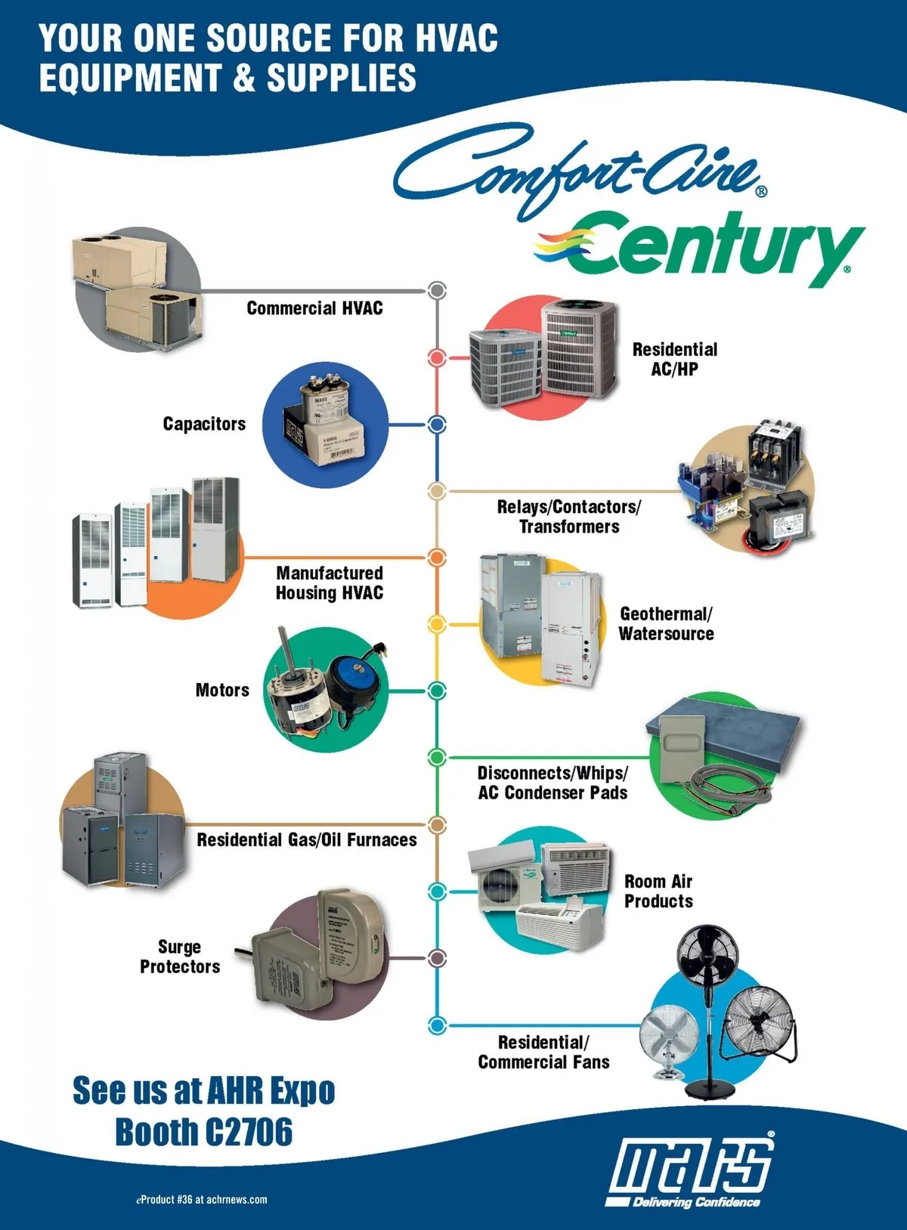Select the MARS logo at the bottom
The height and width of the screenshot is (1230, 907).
pos(692,1167)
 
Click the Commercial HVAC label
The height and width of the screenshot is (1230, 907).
pos(314,308)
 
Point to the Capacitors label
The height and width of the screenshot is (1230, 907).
pos(204,424)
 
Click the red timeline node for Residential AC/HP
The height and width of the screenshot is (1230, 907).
pos(437,357)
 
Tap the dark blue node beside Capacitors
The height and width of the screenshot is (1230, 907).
pos(437,425)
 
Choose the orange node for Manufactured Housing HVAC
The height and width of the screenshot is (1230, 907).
pos(437,558)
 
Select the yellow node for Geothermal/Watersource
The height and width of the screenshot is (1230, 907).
pos(437,624)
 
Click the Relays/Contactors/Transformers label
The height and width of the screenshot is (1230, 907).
pos(568,517)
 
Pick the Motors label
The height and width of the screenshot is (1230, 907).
pos(222,691)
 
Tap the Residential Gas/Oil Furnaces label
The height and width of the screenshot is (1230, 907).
pos(306,840)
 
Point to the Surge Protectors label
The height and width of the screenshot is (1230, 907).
pos(180,956)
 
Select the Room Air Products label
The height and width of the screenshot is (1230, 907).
pos(658,892)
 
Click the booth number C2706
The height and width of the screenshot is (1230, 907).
pos(249,1132)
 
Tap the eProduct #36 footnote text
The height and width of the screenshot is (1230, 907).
pos(202,1200)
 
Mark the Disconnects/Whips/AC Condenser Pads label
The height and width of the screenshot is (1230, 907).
pos(553,783)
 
